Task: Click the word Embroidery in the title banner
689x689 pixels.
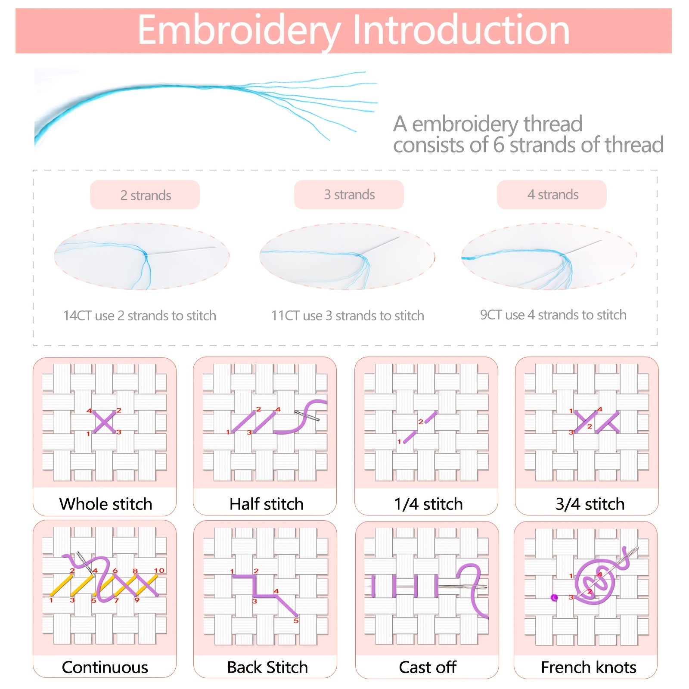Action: click(x=239, y=30)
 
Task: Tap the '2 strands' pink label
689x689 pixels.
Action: click(x=145, y=195)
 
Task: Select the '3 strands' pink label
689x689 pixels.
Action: click(x=349, y=195)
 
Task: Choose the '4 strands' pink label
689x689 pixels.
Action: click(x=552, y=195)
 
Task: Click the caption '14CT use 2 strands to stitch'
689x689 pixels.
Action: click(x=140, y=316)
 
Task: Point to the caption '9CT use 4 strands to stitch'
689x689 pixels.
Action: click(x=553, y=315)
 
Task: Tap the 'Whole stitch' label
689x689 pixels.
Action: click(x=106, y=504)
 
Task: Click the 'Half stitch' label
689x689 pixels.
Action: click(x=267, y=504)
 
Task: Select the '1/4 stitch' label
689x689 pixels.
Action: click(x=428, y=504)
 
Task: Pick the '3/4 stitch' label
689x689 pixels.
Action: click(x=590, y=504)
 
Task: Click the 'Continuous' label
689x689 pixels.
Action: click(x=105, y=667)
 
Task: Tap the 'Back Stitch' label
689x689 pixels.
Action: click(x=267, y=667)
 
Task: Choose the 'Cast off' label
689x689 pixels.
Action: click(x=428, y=667)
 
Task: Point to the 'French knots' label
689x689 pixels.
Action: click(x=589, y=667)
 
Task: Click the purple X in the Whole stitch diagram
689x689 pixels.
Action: click(x=104, y=422)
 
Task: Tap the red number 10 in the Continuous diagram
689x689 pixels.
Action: click(x=159, y=571)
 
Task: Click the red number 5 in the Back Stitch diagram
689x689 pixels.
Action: click(x=296, y=621)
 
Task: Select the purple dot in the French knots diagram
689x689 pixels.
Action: click(x=554, y=598)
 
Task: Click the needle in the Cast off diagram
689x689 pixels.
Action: click(x=463, y=587)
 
